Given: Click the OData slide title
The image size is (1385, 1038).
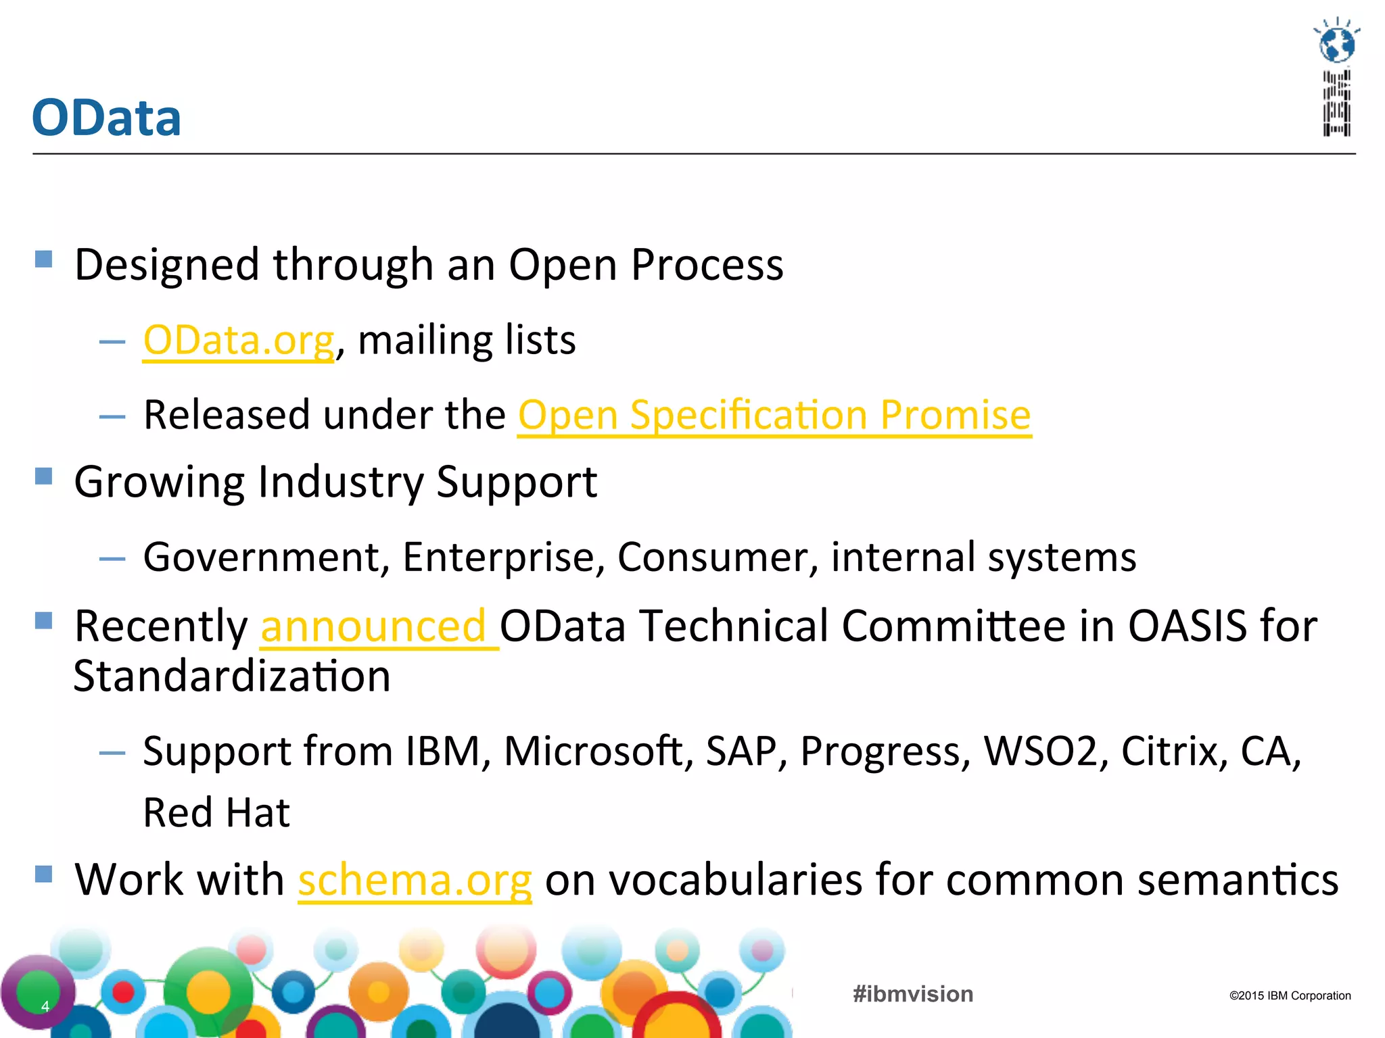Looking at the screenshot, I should point(107,118).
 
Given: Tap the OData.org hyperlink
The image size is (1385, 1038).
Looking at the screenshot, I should point(239,340).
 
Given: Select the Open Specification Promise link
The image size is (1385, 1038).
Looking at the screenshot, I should point(774,415).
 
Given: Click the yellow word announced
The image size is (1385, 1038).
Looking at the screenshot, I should point(373,626).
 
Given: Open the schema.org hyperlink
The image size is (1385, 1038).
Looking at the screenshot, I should point(415,881).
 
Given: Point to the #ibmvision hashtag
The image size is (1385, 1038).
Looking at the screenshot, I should point(913,994).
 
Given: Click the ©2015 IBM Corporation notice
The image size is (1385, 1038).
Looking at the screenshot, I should point(1290,995).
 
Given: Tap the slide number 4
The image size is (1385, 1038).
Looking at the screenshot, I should point(45,1006).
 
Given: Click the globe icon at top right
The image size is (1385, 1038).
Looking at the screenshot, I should point(1337,43).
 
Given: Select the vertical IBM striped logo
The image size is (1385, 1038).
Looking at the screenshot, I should point(1337,103).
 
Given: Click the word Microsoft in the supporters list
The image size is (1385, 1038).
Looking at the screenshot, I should point(598,751).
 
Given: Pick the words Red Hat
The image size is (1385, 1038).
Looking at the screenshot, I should point(216,813).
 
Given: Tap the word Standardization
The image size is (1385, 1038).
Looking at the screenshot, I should point(232,676).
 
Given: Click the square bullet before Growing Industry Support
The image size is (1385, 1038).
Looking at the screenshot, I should point(44,476).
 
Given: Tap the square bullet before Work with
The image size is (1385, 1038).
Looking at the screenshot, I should point(44,874).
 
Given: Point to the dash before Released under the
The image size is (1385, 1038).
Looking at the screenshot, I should point(112,417).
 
